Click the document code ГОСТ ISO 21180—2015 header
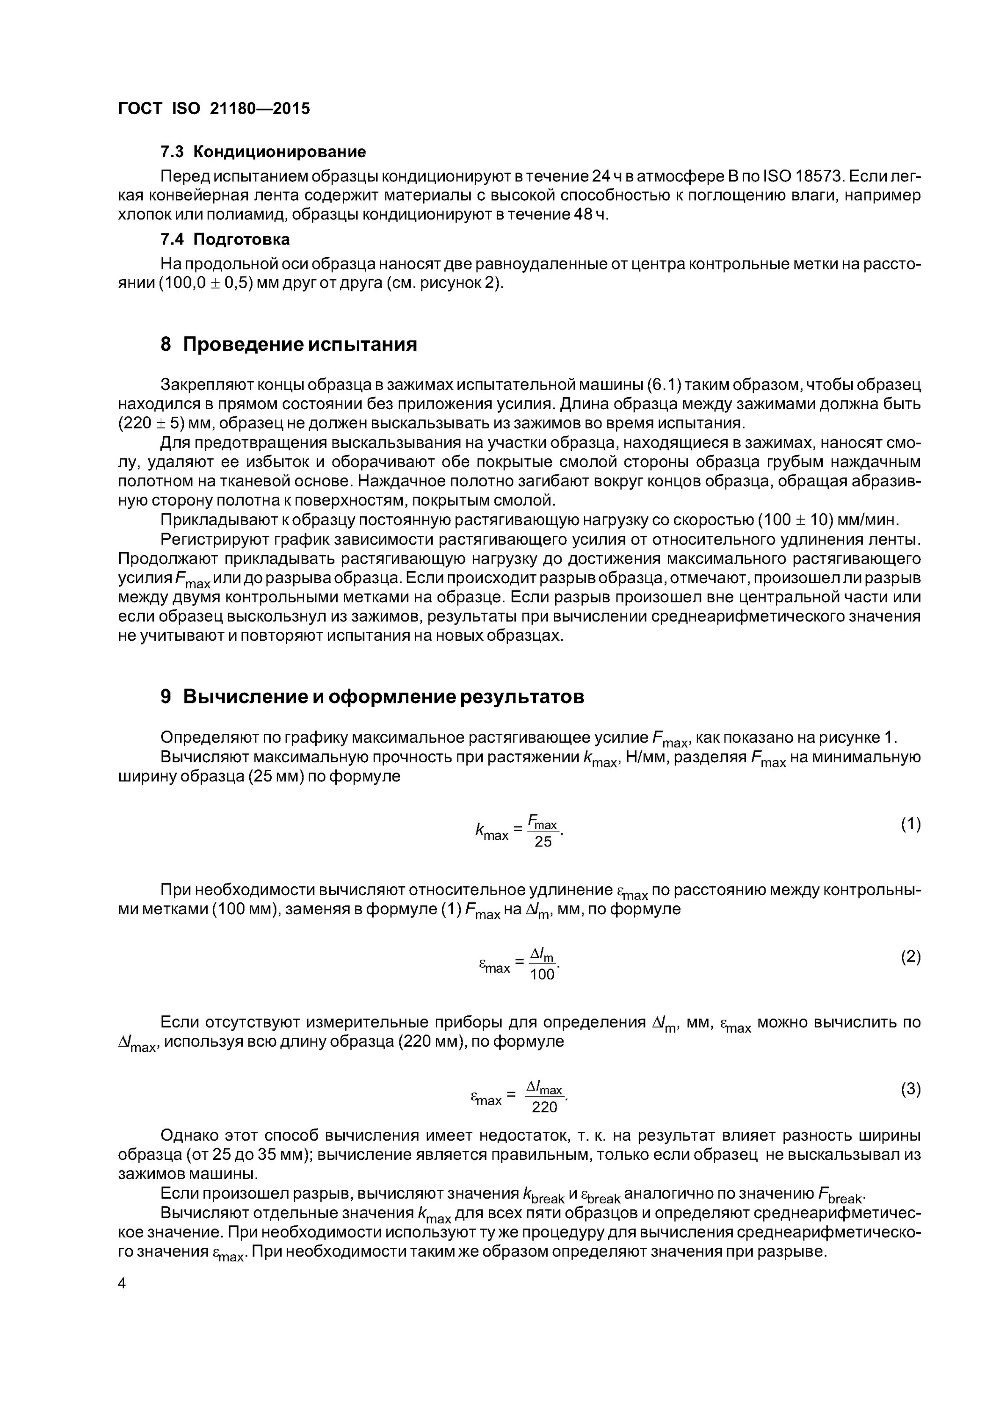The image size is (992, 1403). [x=213, y=109]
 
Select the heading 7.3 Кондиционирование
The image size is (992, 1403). [x=263, y=152]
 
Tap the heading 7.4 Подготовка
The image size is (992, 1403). [x=224, y=239]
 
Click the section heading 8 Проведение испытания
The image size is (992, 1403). [x=289, y=345]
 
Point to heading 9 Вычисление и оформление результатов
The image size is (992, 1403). [x=372, y=697]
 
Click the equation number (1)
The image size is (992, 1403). [x=910, y=824]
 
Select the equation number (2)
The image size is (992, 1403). [x=910, y=957]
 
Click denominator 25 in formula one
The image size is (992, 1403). [x=543, y=842]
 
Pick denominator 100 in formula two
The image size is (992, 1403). [x=542, y=975]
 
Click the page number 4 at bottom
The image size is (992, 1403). [x=122, y=1284]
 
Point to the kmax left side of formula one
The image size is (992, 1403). [x=492, y=832]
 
